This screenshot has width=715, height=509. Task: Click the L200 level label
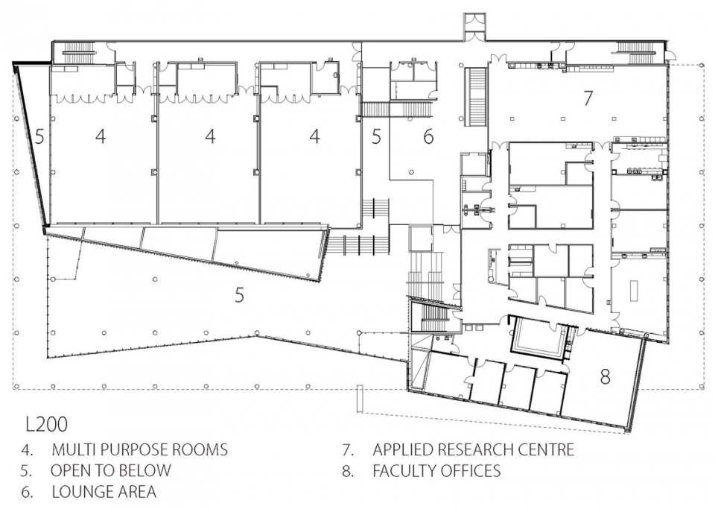[x=46, y=424]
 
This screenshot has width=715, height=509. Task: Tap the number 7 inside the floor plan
[x=588, y=98]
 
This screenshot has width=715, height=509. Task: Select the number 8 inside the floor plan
[x=605, y=377]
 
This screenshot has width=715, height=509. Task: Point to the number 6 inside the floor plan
[x=428, y=136]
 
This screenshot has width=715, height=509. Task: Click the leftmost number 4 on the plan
[x=101, y=136]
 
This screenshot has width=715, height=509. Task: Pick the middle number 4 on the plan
[x=210, y=136]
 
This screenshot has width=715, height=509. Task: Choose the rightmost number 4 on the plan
[x=314, y=136]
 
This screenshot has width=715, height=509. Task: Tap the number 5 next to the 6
[x=375, y=136]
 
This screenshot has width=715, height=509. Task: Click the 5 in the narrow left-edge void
[x=39, y=136]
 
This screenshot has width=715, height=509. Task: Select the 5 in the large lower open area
[x=239, y=295]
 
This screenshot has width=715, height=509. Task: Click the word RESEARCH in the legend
[x=474, y=449]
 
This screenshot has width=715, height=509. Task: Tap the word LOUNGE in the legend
[x=80, y=492]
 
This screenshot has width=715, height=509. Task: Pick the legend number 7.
[x=349, y=449]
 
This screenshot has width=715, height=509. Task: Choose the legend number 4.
[x=28, y=449]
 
